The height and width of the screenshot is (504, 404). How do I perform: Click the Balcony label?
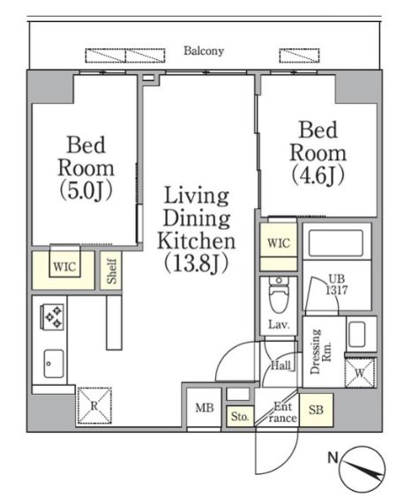click(204, 51)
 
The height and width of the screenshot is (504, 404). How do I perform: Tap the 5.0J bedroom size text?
click(86, 190)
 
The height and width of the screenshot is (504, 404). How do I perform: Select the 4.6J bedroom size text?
click(318, 175)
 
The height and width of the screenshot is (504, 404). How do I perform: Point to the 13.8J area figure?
click(197, 263)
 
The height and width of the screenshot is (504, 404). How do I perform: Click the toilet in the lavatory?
click(279, 294)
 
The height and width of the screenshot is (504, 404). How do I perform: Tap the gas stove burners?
click(53, 317)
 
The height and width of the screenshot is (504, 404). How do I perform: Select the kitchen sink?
click(54, 364)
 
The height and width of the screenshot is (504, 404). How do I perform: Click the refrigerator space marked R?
click(94, 405)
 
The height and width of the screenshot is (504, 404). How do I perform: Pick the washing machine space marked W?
click(360, 373)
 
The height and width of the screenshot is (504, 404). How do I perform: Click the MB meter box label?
click(205, 408)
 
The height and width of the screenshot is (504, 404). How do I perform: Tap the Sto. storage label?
click(240, 417)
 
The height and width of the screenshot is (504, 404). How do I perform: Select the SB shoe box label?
click(316, 410)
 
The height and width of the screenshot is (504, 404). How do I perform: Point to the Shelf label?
click(111, 271)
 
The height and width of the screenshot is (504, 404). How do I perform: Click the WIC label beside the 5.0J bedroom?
click(64, 266)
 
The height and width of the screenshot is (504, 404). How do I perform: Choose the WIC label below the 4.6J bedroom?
click(278, 243)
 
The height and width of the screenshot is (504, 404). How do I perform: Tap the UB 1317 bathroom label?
click(337, 285)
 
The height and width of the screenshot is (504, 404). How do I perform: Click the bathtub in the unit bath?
click(336, 242)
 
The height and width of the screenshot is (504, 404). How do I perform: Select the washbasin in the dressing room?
click(356, 335)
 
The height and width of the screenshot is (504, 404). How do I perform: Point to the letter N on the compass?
click(333, 457)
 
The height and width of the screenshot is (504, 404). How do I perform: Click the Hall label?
click(281, 366)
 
